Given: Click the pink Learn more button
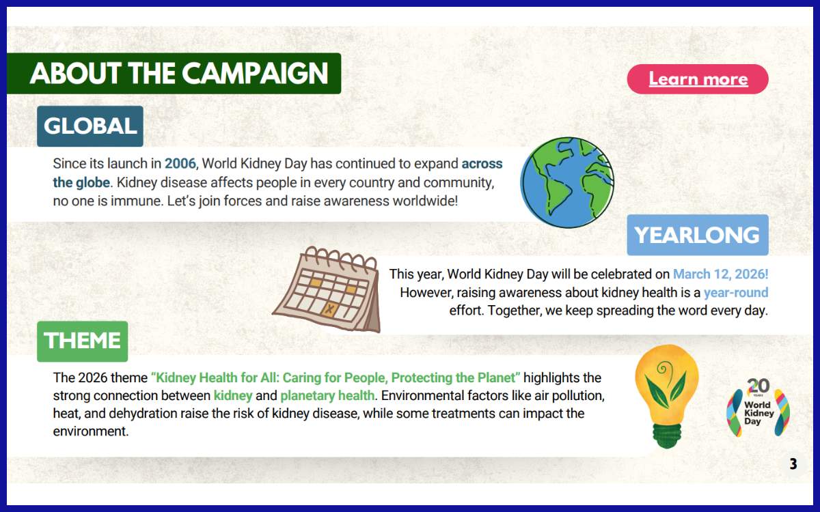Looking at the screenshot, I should point(698,79).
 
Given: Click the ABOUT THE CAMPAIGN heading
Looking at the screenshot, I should point(179,74).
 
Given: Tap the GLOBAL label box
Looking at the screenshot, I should point(90,126).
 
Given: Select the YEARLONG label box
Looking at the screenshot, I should point(697,236).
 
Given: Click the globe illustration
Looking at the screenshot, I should point(567,183).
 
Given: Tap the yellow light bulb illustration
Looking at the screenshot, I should point(666,396).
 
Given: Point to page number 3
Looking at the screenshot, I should point(793,465).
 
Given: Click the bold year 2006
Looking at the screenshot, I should point(180,164).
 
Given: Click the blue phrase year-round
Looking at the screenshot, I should point(736,293).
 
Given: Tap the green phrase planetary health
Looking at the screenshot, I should point(327,395).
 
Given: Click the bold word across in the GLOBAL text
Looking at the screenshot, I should point(482,164).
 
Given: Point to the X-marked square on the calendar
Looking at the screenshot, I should point(330,310).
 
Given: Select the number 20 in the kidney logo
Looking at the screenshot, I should point(758,386).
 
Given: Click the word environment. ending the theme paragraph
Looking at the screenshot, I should point(91,431).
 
